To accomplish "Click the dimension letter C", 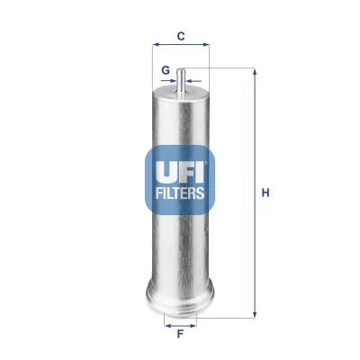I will (180, 36).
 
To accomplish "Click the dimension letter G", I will (166, 69).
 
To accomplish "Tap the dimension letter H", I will (265, 192).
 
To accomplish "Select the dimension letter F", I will (180, 335).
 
